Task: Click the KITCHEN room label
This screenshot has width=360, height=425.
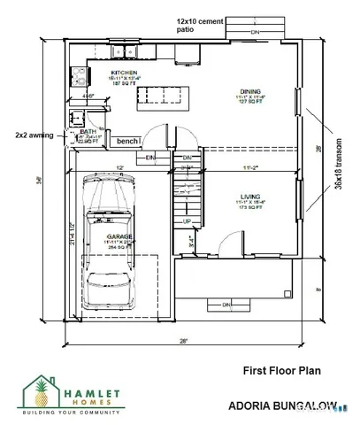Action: [122, 71]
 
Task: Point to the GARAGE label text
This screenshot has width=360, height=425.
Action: [120, 236]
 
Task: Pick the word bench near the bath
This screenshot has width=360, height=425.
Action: [127, 142]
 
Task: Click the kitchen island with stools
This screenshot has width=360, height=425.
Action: [160, 95]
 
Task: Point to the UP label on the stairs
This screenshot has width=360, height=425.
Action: [187, 220]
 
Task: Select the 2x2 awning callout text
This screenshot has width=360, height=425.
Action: [34, 135]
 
